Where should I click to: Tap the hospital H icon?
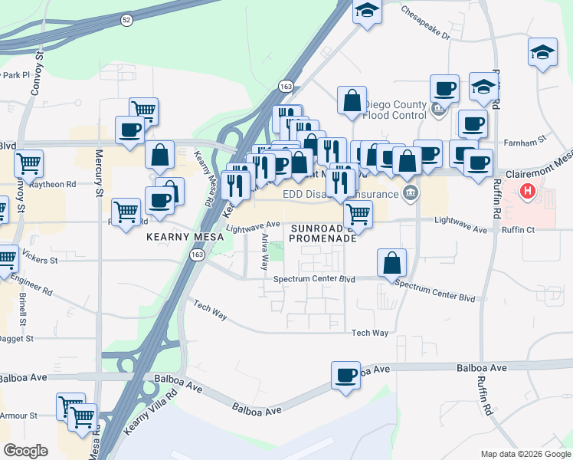(528, 192)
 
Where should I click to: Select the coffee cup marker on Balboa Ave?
(346, 376)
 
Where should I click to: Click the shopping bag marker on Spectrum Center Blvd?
(392, 263)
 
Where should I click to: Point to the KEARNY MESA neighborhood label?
(185, 237)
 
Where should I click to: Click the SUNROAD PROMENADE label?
(323, 233)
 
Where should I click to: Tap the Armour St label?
(19, 416)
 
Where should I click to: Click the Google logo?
(26, 450)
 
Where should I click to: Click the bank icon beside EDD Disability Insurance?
(411, 191)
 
